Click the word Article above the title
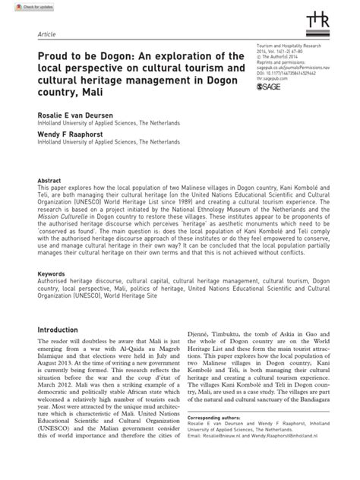click(x=49, y=36)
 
